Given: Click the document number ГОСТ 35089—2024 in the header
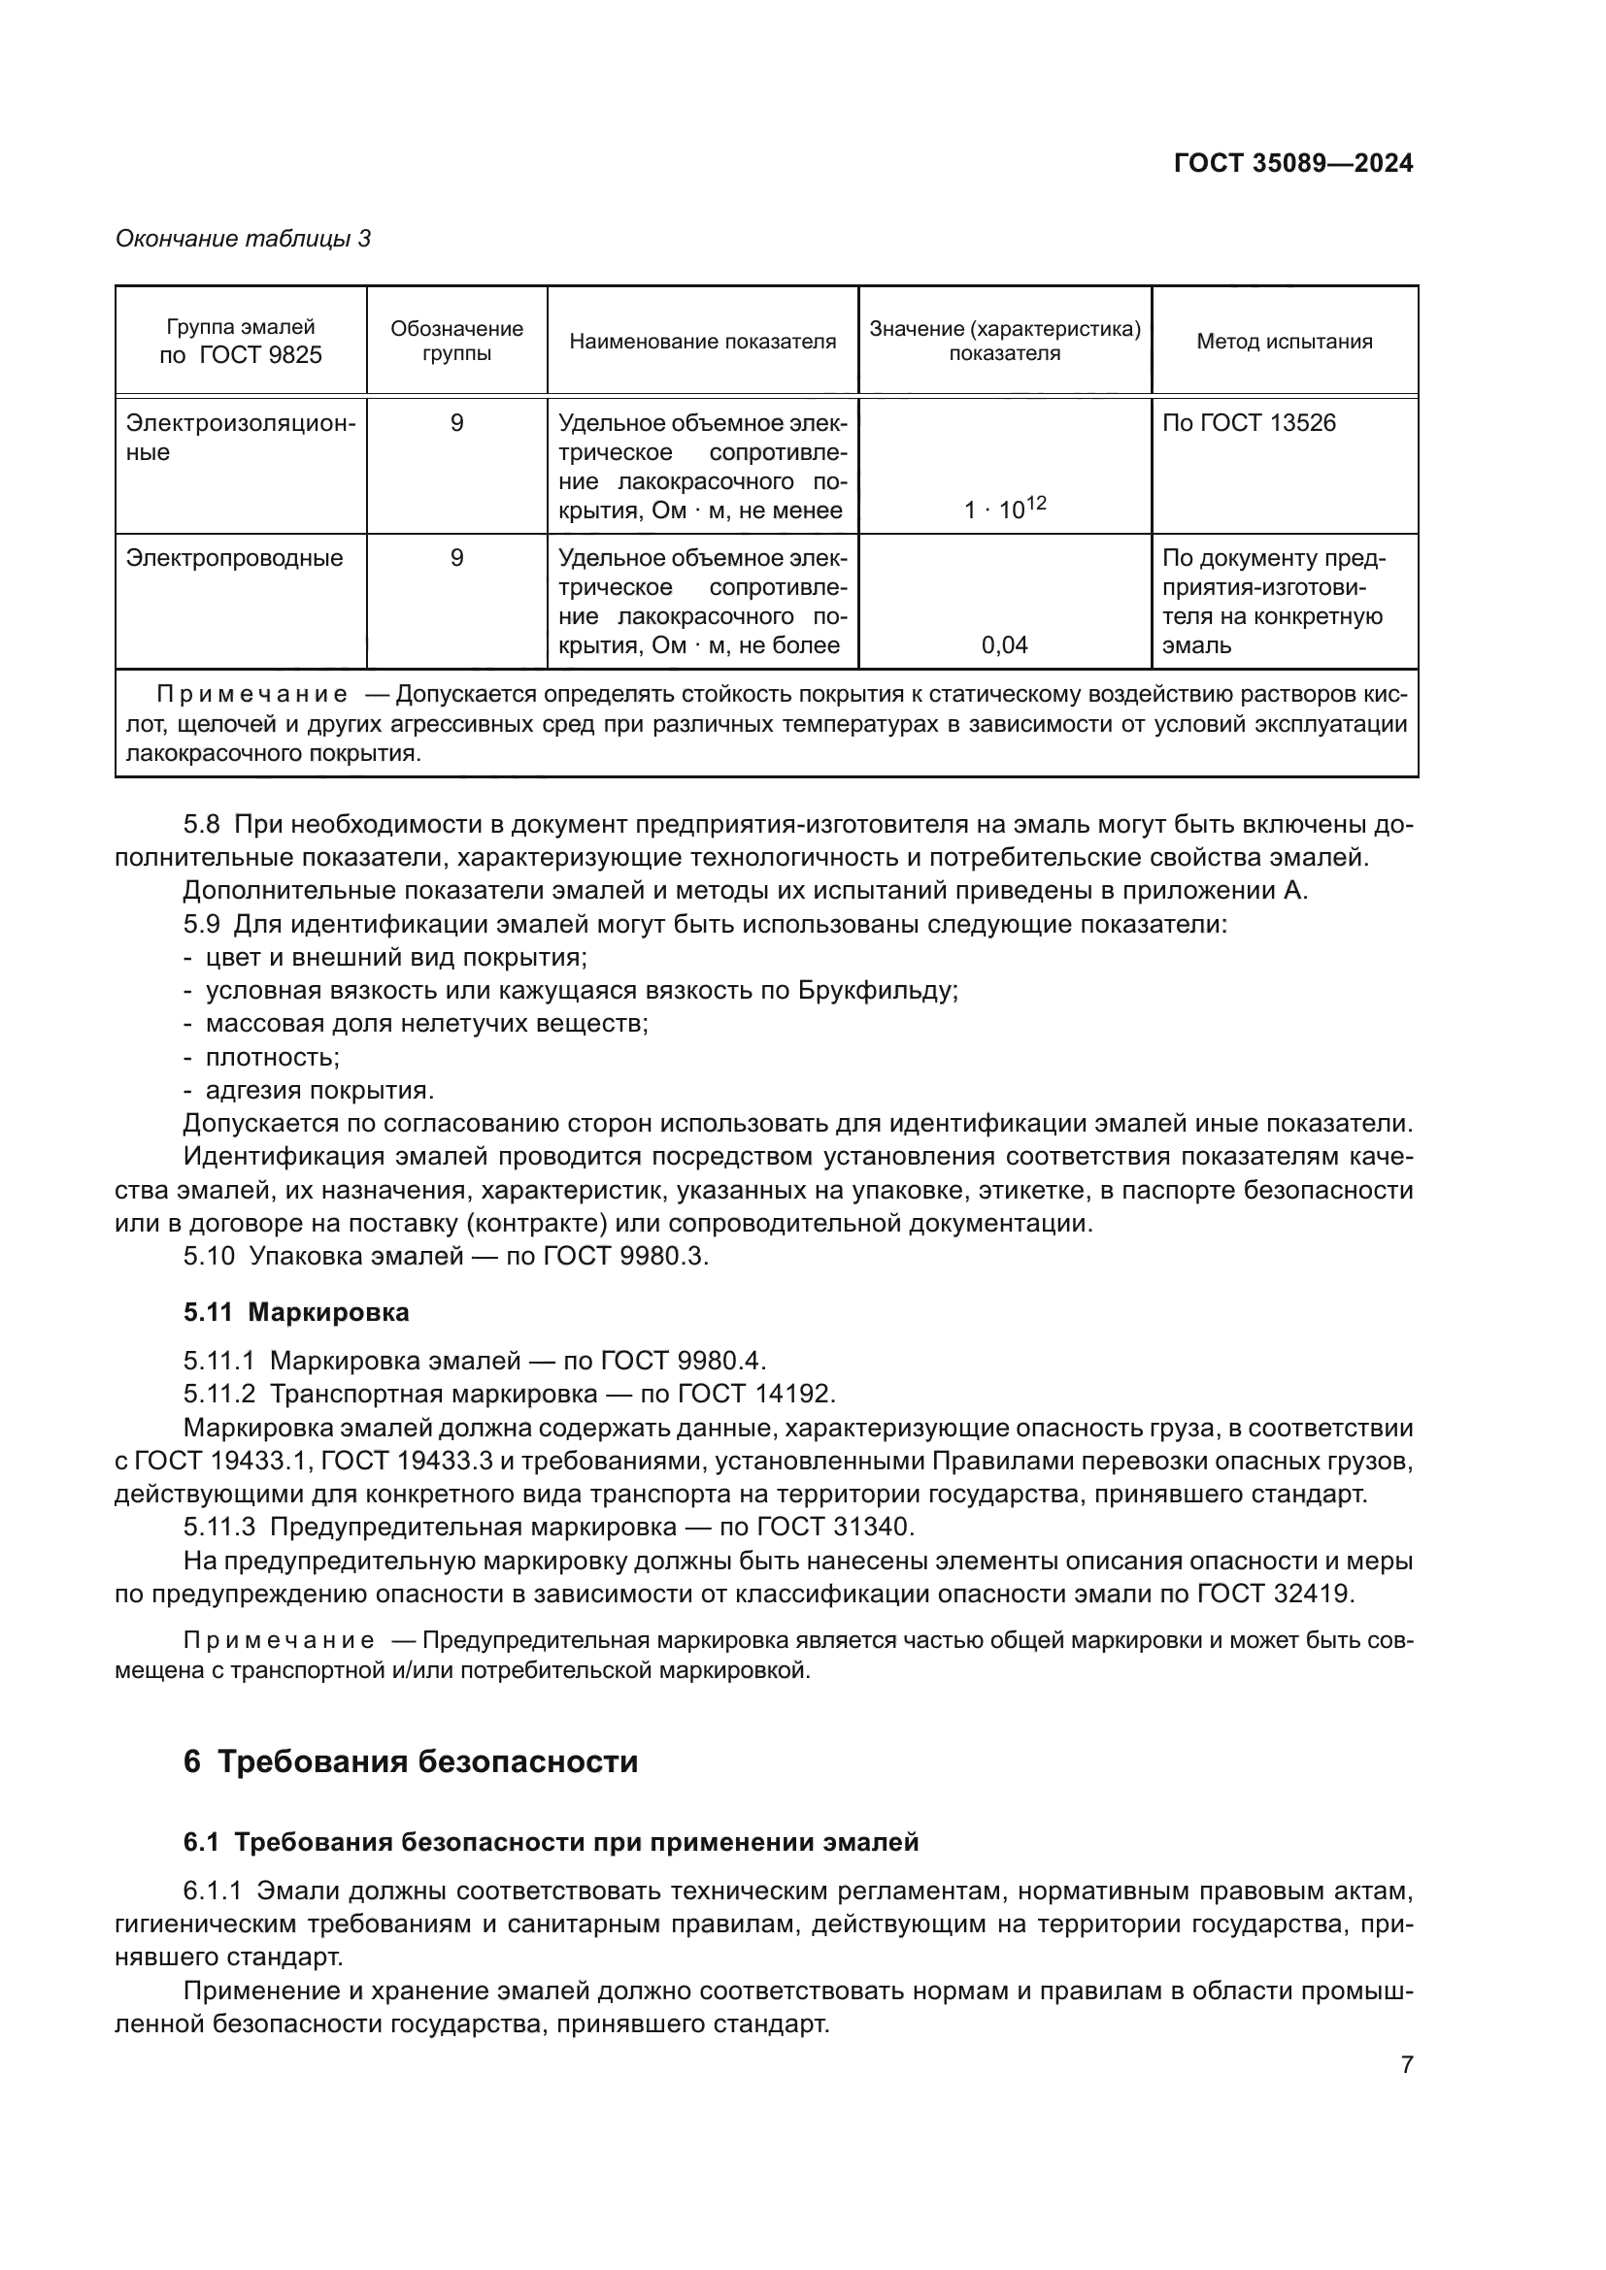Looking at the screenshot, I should pyautogui.click(x=1292, y=164).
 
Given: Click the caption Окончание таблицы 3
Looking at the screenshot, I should pyautogui.click(x=244, y=239).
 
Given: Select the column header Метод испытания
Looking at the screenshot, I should pyautogui.click(x=1284, y=341).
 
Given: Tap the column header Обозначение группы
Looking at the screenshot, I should pyautogui.click(x=456, y=341).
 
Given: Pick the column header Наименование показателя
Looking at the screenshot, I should pyautogui.click(x=702, y=341).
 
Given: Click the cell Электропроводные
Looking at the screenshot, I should pyautogui.click(x=234, y=558).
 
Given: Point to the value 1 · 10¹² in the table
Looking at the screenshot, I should pyautogui.click(x=1005, y=510).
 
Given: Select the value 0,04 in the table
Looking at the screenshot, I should pyautogui.click(x=1004, y=645).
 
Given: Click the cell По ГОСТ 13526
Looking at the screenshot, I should pyautogui.click(x=1248, y=423).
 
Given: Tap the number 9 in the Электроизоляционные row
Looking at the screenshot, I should pyautogui.click(x=456, y=423).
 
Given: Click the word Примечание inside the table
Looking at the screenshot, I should pyautogui.click(x=251, y=695).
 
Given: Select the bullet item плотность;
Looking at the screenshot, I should pyautogui.click(x=272, y=1057).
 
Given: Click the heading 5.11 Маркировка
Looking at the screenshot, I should pyautogui.click(x=296, y=1313).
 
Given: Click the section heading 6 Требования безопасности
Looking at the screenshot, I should pyautogui.click(x=411, y=1761).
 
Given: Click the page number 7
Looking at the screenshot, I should pyautogui.click(x=1406, y=2065).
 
